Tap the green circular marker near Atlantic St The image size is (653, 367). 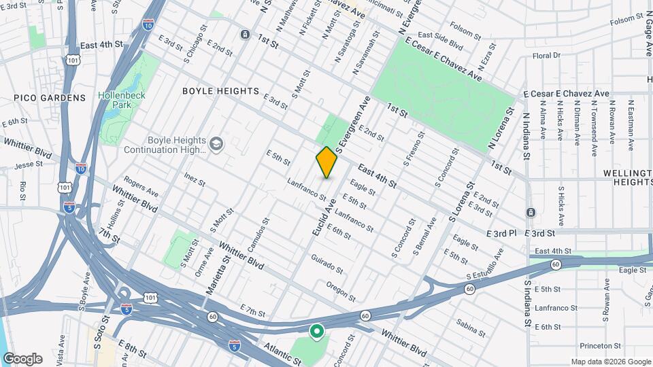pos(316,332)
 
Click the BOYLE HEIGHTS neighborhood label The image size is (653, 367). pos(221,91)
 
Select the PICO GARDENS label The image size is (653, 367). pos(50,98)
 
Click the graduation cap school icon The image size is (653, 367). pos(216,143)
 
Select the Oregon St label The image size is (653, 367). pos(341,291)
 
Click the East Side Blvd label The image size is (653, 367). pos(440,41)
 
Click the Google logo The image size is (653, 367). pos(22,359)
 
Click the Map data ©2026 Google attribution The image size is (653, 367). pos(610,362)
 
